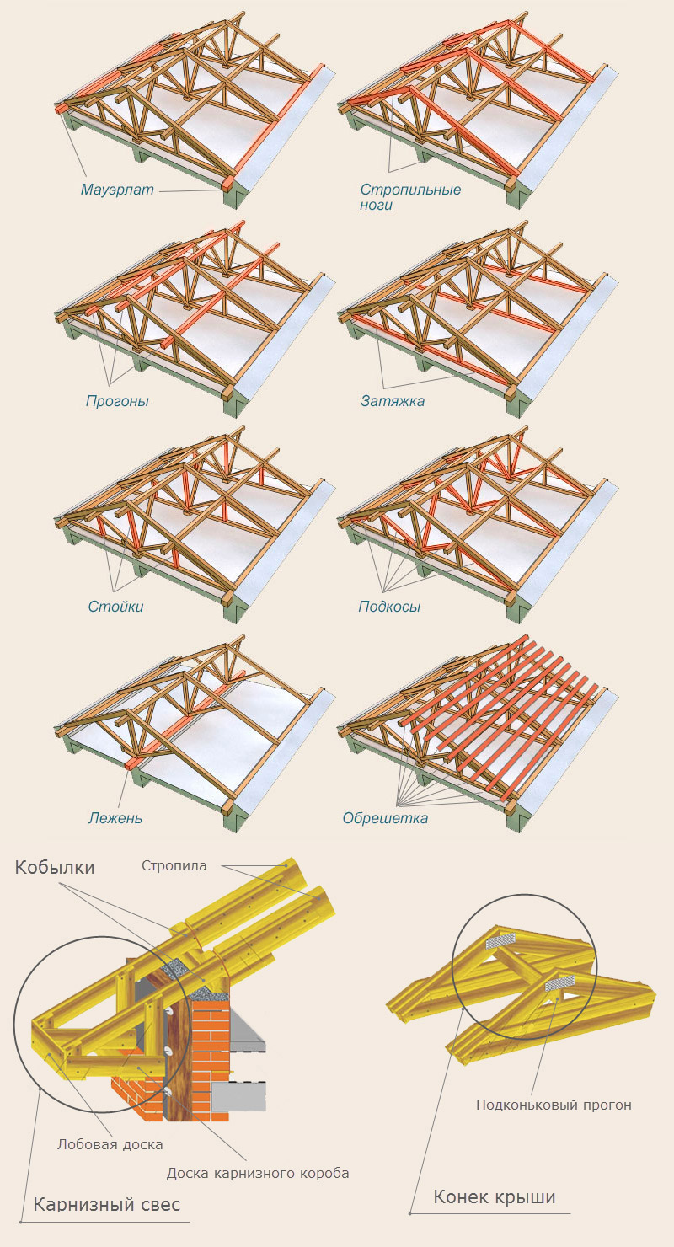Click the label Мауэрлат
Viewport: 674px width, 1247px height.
[117, 190]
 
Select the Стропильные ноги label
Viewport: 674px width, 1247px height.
[410, 196]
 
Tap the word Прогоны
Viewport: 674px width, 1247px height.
[117, 401]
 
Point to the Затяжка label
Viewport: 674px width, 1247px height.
[392, 401]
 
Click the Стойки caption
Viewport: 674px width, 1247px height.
[115, 607]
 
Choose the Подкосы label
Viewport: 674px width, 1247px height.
[389, 607]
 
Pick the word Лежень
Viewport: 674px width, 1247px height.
[115, 817]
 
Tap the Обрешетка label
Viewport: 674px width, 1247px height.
[385, 817]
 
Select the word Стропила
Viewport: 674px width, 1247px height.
[174, 865]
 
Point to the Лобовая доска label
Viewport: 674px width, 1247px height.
[110, 1144]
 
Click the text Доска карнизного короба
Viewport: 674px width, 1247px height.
[257, 1173]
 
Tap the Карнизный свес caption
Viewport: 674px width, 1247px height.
[106, 1205]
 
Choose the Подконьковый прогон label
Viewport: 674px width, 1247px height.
[553, 1105]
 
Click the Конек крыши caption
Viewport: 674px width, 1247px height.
[494, 1196]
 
